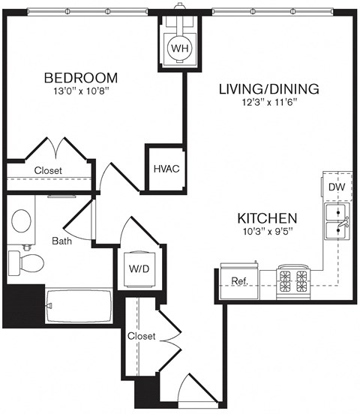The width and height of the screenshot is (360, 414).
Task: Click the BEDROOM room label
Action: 80,77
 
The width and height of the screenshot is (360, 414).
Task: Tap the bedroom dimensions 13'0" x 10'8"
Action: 80,92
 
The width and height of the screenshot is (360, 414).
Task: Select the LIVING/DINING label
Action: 268,88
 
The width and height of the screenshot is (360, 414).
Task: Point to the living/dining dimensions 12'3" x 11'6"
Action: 268,103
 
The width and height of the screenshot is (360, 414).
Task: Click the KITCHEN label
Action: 268,218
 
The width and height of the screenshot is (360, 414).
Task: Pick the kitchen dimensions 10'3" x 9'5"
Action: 268,232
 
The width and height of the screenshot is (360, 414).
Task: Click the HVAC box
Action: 166,168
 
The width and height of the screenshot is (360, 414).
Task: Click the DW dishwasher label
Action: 336,187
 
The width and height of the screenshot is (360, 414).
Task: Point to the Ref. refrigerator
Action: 240,280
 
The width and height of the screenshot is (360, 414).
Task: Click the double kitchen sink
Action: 336,222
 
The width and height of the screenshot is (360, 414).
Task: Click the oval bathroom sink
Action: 22,220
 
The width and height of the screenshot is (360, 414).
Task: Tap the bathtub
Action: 78,306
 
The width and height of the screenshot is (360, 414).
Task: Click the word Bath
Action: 61,241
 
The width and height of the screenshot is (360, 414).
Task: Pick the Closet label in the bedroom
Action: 48,170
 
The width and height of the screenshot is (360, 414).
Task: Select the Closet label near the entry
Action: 141,336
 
